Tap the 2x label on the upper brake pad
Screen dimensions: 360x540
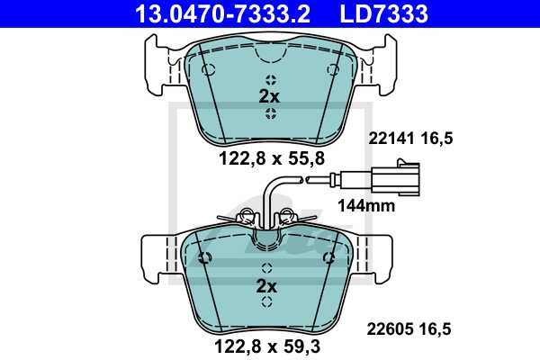coord(269,94)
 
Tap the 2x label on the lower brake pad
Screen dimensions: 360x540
coord(267,286)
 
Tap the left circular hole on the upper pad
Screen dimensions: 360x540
coord(208,69)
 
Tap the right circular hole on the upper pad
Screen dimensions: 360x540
coord(331,69)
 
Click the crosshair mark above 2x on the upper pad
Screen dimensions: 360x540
coord(268,77)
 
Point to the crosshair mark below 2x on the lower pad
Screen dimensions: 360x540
coord(266,306)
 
